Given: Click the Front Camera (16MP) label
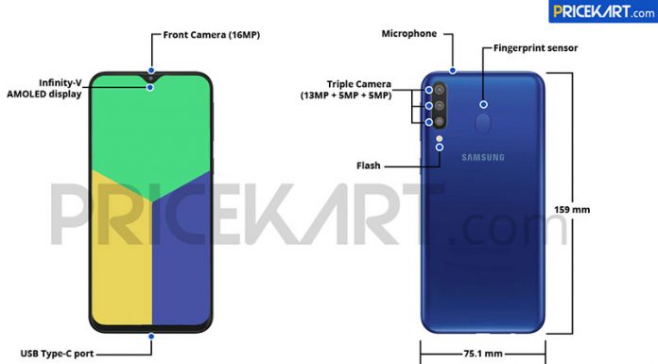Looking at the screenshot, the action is click(212, 35).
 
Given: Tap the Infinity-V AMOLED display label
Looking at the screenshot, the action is click(44, 88).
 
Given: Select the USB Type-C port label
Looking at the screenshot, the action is click(57, 354).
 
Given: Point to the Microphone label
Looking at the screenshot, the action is click(409, 34).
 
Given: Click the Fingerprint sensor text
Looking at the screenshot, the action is click(535, 48).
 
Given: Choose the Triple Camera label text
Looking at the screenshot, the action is click(346, 90).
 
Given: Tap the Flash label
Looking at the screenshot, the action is click(369, 165).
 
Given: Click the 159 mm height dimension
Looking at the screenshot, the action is click(572, 210).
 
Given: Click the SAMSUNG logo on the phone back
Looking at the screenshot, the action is click(483, 158).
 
